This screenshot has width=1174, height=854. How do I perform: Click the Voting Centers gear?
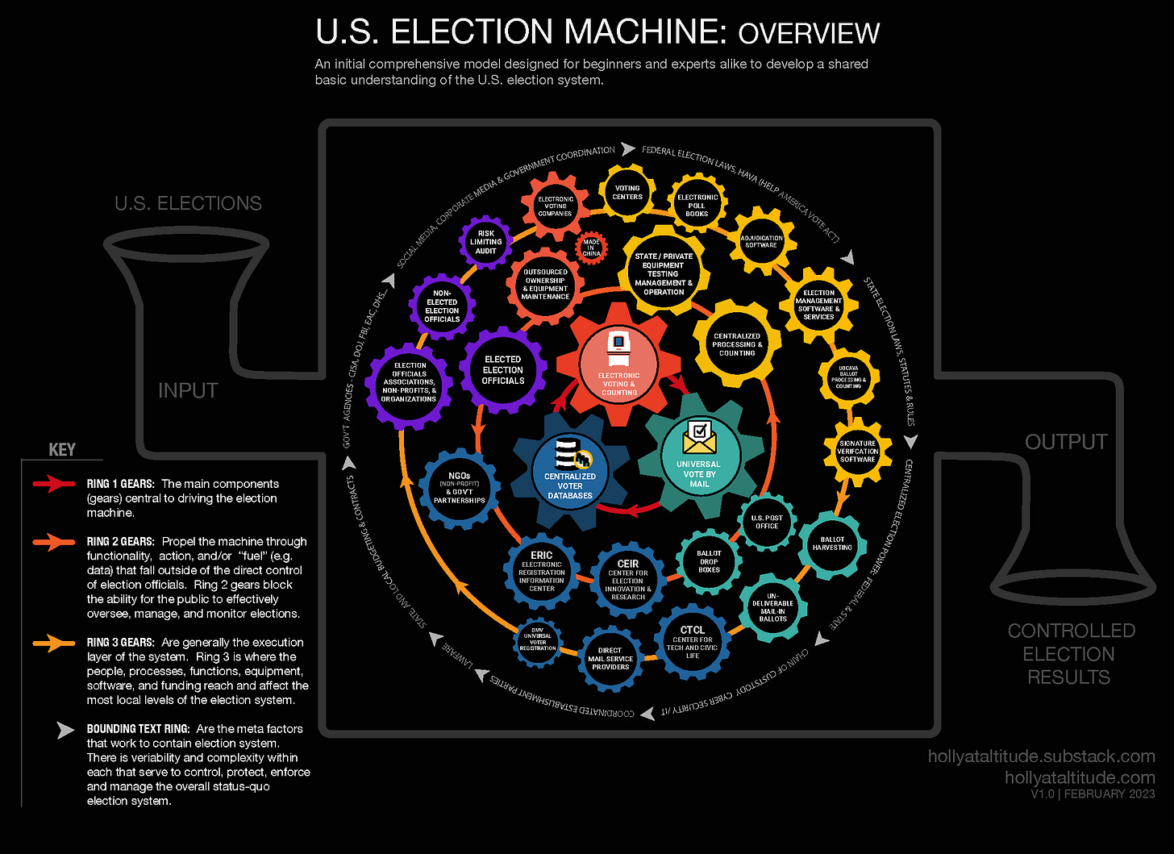pos(627,193)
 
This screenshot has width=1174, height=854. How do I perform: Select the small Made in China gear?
pos(592,248)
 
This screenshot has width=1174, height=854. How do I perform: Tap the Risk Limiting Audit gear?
pos(485,242)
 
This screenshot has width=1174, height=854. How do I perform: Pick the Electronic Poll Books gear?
pos(697,205)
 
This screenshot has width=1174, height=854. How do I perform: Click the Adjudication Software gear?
pos(761,241)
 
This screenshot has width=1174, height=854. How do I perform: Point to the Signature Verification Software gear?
pos(857,451)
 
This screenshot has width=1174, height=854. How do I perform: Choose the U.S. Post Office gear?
pos(767,522)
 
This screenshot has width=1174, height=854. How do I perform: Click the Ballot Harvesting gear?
pos(832,544)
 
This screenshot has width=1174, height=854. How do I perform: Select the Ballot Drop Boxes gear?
pos(709,561)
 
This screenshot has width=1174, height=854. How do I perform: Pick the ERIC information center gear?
pos(542,572)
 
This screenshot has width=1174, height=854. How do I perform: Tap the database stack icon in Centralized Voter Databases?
pos(568,455)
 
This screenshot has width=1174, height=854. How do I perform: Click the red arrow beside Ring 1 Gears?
pos(53,484)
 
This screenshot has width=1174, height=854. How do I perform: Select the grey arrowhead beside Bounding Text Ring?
pos(65,730)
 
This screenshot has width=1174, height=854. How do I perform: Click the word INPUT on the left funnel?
pos(188,390)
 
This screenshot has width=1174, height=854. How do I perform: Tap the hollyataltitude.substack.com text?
pos(1041,756)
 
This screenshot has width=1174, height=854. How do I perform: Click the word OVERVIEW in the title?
pos(809,34)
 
